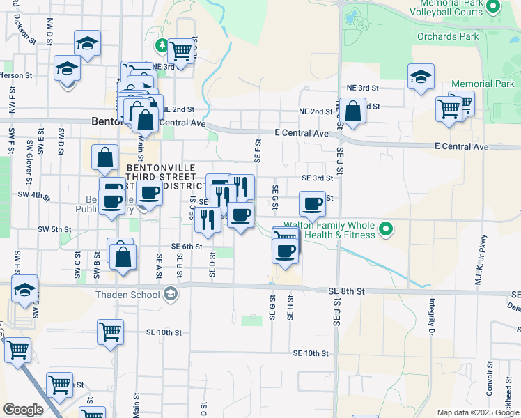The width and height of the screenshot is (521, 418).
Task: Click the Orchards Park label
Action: pos(449,36)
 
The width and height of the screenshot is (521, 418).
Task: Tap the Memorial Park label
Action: pos(482,84)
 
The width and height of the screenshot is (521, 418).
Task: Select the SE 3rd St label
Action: pos(317,178)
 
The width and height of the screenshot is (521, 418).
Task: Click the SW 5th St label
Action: pos(55,229)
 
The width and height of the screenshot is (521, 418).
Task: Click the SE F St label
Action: pos(257,150)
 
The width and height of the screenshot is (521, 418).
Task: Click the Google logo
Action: pos(23,410)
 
